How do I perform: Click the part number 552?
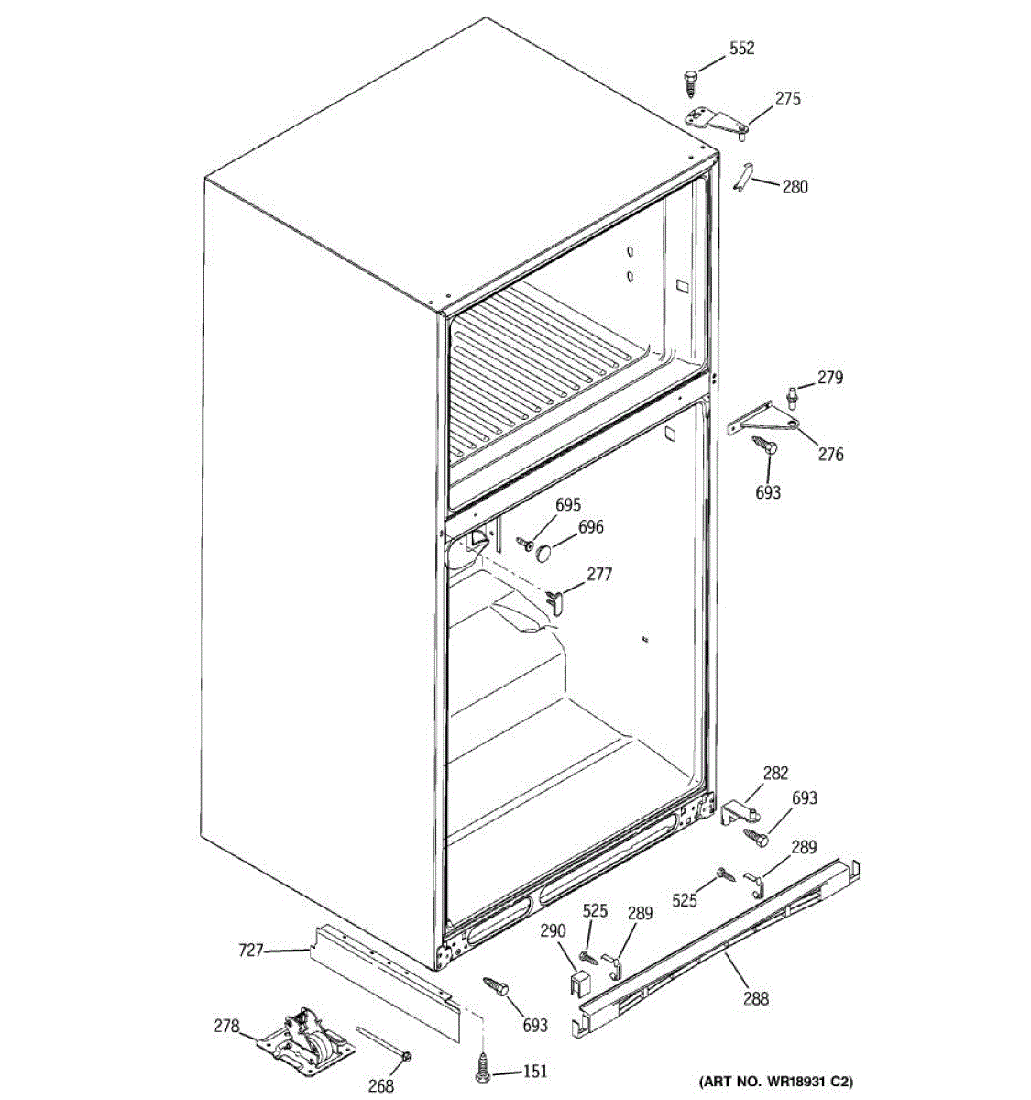tap(741, 49)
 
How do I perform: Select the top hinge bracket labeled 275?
tap(718, 122)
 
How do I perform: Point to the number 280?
tap(795, 187)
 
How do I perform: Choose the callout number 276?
tap(830, 454)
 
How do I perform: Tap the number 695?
tap(568, 505)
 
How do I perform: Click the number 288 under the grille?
tap(756, 998)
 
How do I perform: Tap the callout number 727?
tap(251, 951)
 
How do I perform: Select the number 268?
tap(380, 1086)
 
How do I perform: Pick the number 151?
tap(535, 1072)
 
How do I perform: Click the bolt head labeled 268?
tap(404, 1060)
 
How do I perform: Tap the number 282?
tap(775, 773)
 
